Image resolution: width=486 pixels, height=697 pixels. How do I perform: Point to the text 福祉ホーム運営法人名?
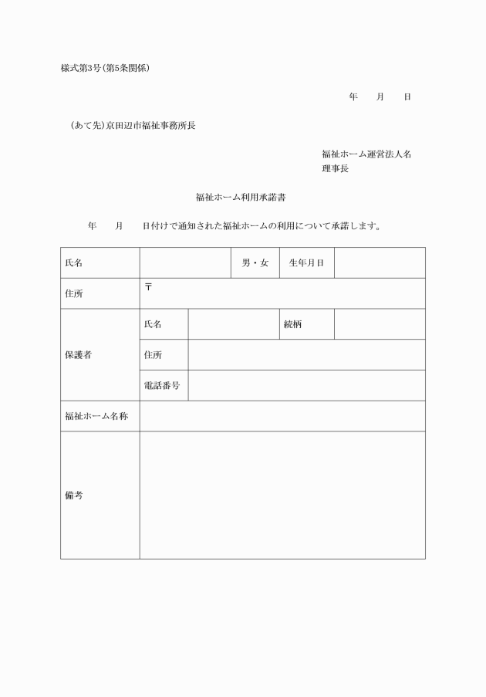click(x=366, y=154)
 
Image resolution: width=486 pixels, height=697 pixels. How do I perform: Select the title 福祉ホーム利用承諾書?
click(x=241, y=198)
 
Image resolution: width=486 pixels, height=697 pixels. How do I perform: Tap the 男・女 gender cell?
click(x=255, y=263)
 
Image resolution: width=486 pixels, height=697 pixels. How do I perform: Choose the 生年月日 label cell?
click(x=306, y=263)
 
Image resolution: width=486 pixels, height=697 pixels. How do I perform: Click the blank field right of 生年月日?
click(x=380, y=263)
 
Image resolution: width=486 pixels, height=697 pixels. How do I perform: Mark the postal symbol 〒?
click(x=148, y=287)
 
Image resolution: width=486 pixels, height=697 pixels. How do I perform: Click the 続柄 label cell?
click(x=293, y=324)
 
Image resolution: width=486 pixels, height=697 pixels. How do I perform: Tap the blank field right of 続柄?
click(x=380, y=324)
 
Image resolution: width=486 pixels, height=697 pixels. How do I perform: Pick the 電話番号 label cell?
click(x=162, y=385)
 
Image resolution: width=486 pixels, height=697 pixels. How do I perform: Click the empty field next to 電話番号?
click(x=306, y=385)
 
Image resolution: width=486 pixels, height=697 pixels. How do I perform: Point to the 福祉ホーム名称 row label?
click(x=96, y=416)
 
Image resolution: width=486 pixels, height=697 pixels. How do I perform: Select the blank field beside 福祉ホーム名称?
click(x=282, y=416)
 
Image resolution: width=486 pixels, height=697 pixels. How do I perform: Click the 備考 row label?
click(x=74, y=496)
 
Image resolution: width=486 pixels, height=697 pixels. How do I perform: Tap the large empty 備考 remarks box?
click(x=282, y=496)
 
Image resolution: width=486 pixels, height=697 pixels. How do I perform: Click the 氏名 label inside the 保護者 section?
click(x=153, y=324)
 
